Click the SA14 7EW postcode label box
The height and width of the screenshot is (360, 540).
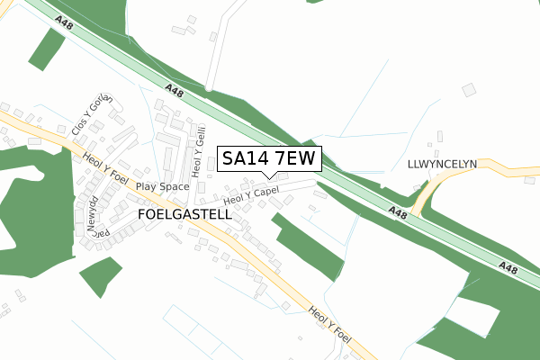click(x=268, y=159)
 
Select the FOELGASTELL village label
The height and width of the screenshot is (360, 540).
click(x=184, y=215)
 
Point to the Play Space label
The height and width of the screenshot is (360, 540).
click(x=163, y=187)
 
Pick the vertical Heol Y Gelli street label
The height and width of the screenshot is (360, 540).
click(x=197, y=150)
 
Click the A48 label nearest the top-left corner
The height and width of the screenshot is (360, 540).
click(x=63, y=23)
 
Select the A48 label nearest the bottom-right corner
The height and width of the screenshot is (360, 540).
click(x=508, y=268)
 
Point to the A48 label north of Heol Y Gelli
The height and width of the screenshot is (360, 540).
click(x=175, y=90)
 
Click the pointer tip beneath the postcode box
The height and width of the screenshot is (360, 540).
click(x=267, y=176)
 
